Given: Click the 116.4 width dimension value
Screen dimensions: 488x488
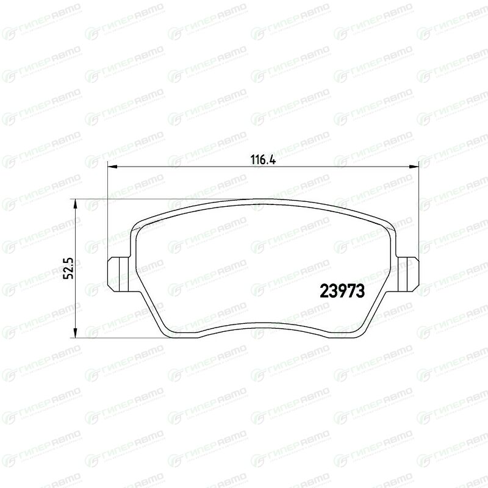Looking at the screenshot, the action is click(263, 160).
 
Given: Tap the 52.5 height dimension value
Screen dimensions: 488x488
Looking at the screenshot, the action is click(68, 268).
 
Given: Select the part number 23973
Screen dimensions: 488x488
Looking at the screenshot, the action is click(342, 292).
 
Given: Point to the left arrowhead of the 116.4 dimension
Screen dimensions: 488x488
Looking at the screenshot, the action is click(112, 167).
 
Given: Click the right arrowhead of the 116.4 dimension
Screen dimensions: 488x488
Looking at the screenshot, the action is click(414, 167).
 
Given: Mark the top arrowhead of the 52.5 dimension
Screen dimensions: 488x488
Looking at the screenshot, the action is click(74, 204).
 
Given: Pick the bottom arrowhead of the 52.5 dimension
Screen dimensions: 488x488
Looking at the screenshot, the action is click(74, 332).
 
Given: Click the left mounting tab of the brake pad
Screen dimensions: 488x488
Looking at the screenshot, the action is click(118, 274).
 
